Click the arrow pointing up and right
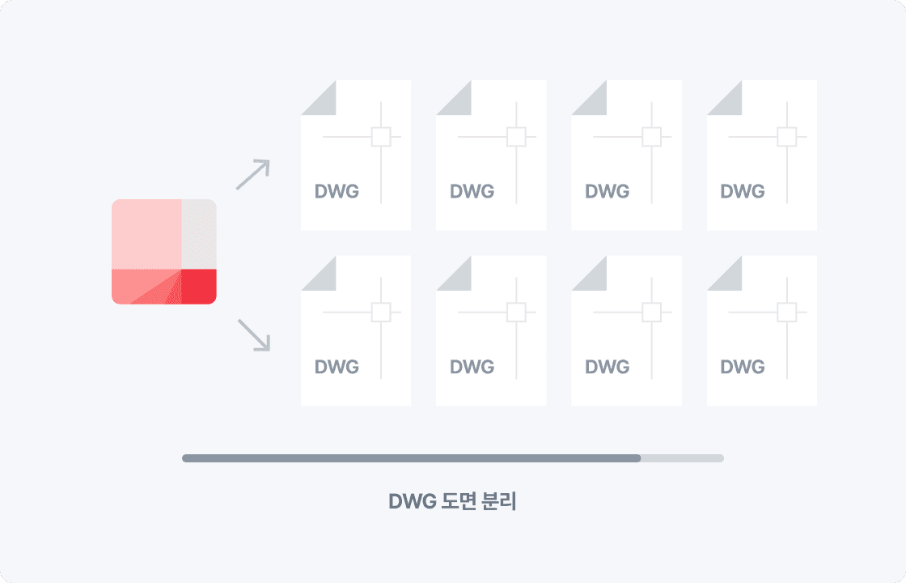[253, 174]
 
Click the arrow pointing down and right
[254, 335]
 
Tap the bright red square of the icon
[199, 287]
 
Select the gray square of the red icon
[199, 234]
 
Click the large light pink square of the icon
[146, 234]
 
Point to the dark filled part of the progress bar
[412, 458]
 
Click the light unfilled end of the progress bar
[683, 458]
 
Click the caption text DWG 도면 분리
[452, 501]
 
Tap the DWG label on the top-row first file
[337, 191]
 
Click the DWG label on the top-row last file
[743, 191]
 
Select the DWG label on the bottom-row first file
[337, 367]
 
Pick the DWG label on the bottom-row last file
[743, 367]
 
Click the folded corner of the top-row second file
[459, 103]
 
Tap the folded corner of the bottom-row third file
[595, 279]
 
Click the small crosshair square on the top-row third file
[652, 137]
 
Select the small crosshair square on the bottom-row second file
[517, 313]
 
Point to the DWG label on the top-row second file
[472, 191]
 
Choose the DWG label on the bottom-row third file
[608, 367]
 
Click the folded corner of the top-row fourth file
[730, 103]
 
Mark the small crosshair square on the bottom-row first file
[381, 313]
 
